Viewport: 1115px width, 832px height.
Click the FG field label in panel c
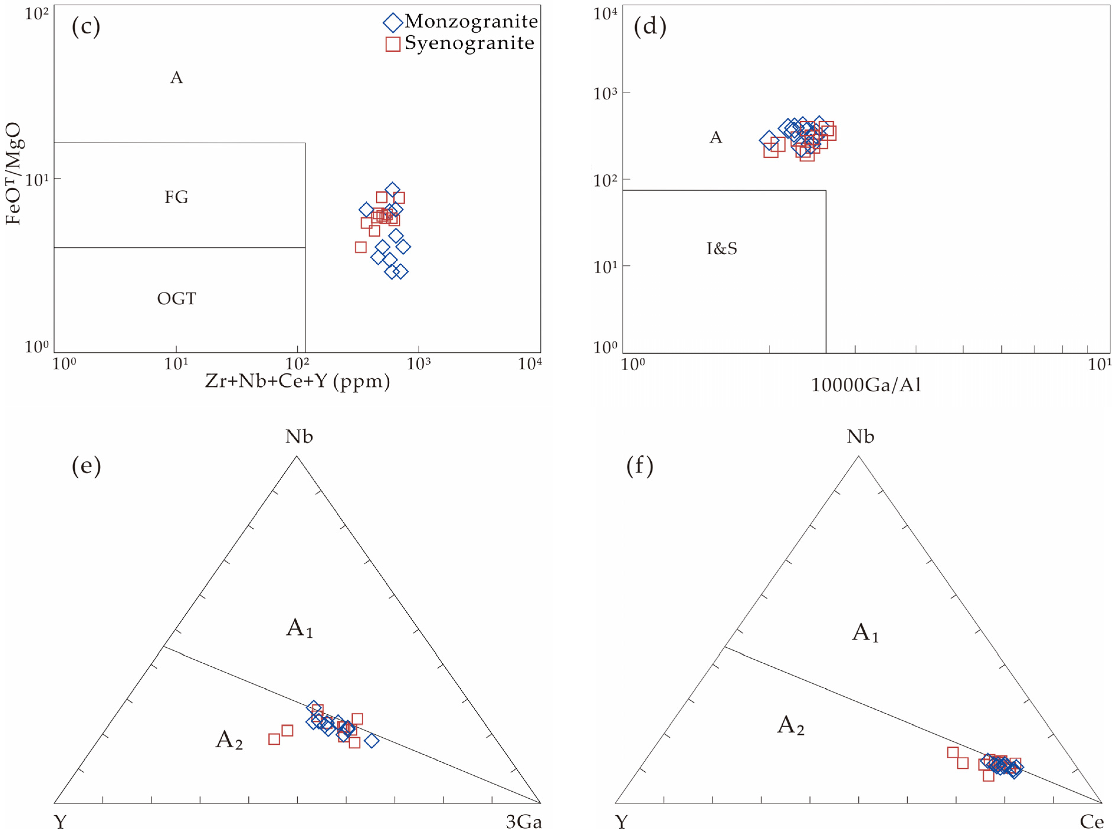[x=176, y=197]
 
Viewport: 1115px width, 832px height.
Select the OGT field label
[x=176, y=299]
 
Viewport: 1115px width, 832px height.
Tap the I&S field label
[x=721, y=248]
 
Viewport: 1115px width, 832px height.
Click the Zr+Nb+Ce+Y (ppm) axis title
[x=297, y=381]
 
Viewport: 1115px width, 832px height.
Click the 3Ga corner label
[x=524, y=822]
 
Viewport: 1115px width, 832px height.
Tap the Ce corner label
[x=1091, y=822]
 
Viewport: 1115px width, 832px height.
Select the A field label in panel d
[x=716, y=137]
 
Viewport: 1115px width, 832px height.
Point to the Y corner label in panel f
[x=622, y=822]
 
